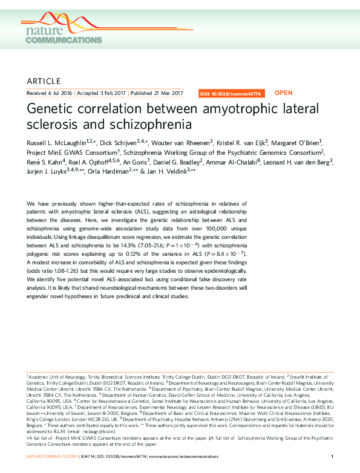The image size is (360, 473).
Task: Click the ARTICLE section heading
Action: [x=44, y=81]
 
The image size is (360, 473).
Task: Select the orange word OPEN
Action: [x=284, y=93]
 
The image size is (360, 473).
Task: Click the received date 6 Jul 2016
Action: [x=58, y=94]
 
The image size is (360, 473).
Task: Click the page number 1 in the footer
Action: [x=333, y=455]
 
